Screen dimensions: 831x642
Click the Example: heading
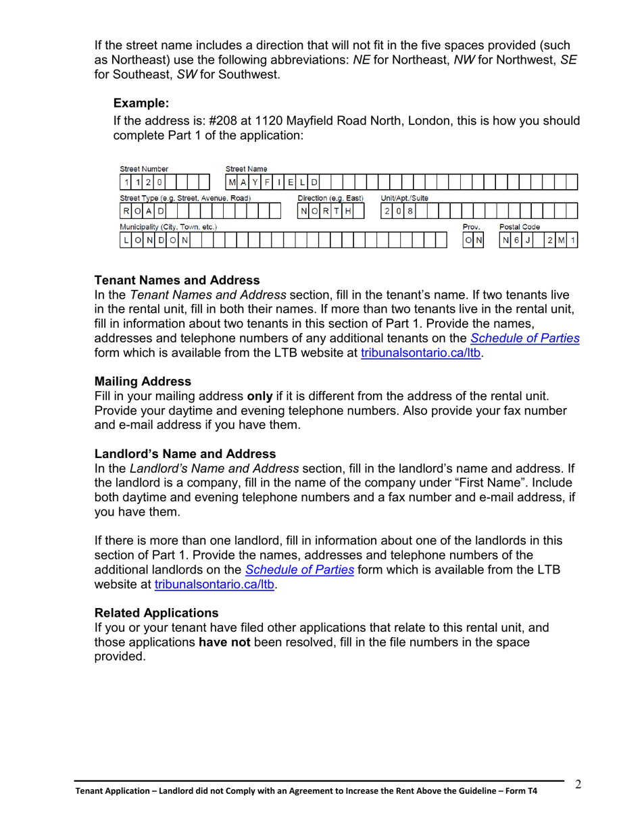[x=140, y=103]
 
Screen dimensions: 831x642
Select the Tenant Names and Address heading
[x=176, y=280]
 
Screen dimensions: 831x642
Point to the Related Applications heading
[x=156, y=612]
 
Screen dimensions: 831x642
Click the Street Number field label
[x=143, y=169]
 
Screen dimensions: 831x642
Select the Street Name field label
[x=245, y=169]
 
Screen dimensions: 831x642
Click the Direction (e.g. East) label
[x=330, y=198]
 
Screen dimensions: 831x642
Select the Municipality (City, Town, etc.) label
[x=168, y=227]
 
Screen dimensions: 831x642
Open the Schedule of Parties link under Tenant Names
[x=524, y=338]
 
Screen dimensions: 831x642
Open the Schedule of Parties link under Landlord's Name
[x=299, y=569]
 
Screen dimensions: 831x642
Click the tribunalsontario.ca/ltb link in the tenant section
[x=422, y=352]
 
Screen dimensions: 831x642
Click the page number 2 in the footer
[x=578, y=784]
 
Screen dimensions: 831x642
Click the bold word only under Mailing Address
[x=260, y=396]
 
